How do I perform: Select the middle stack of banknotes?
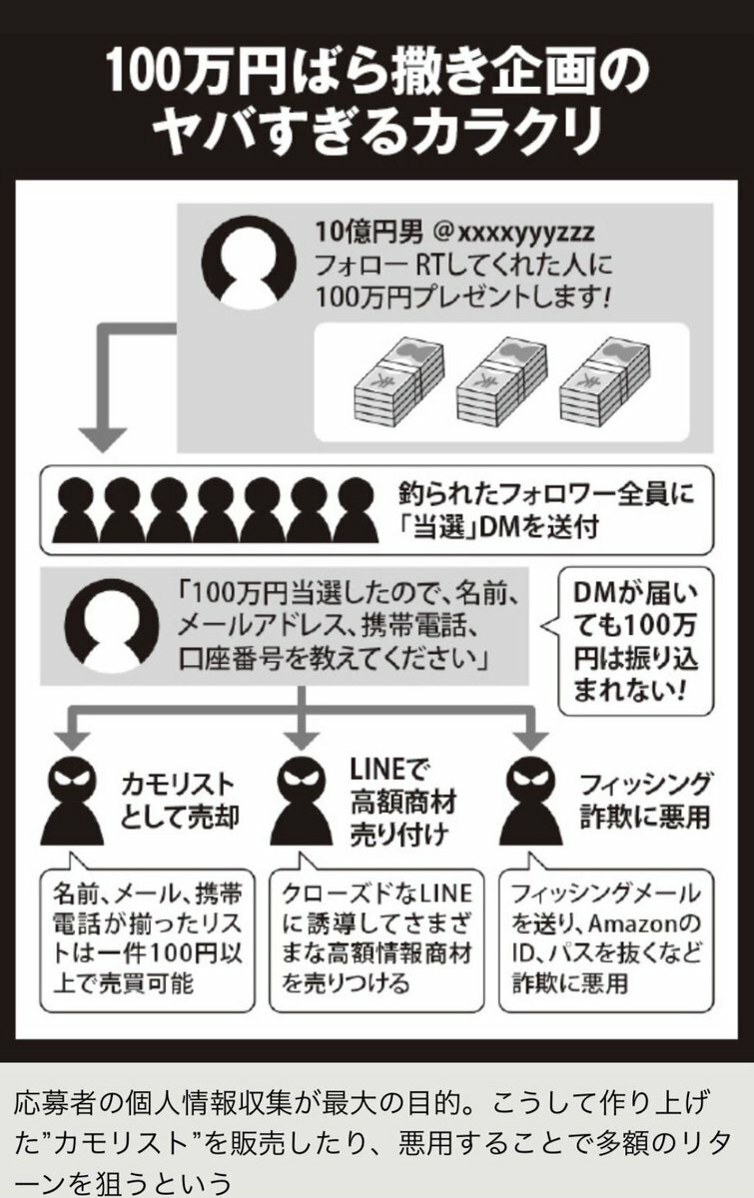502,379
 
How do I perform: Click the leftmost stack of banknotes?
398,379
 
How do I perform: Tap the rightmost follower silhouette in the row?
355,510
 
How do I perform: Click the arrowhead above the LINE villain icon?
301,738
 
